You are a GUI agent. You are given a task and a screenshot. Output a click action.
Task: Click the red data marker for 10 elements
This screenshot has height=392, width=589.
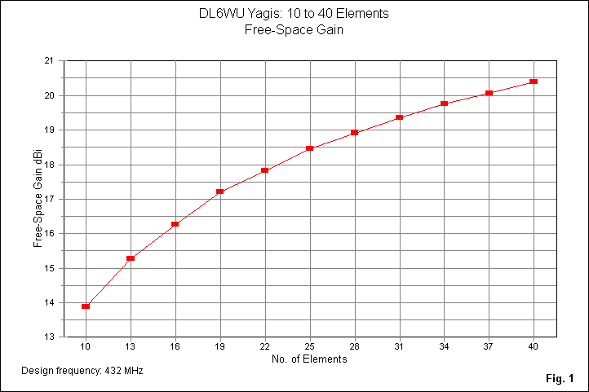[x=86, y=306]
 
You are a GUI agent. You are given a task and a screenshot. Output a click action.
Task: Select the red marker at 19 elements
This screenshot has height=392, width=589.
[x=220, y=192]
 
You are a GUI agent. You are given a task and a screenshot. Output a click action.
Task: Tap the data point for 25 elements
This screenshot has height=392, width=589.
[x=310, y=148]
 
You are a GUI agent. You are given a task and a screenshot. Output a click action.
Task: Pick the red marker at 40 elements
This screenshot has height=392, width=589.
[x=534, y=81]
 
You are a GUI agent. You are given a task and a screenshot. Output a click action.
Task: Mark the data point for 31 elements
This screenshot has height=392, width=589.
[x=400, y=117]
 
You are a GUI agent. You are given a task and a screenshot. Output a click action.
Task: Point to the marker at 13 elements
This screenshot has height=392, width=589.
[x=131, y=258]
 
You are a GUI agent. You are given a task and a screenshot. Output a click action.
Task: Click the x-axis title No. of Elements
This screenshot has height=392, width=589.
[x=309, y=359]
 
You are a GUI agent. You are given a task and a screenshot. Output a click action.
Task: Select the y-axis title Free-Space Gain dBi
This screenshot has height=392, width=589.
[x=38, y=199]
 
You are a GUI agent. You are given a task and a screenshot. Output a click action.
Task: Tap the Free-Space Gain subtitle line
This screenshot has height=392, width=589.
[x=294, y=29]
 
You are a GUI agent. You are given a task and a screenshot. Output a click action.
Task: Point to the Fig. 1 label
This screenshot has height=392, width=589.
[x=561, y=378]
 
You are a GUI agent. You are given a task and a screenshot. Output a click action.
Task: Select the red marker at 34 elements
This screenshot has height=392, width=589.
[x=445, y=104]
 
